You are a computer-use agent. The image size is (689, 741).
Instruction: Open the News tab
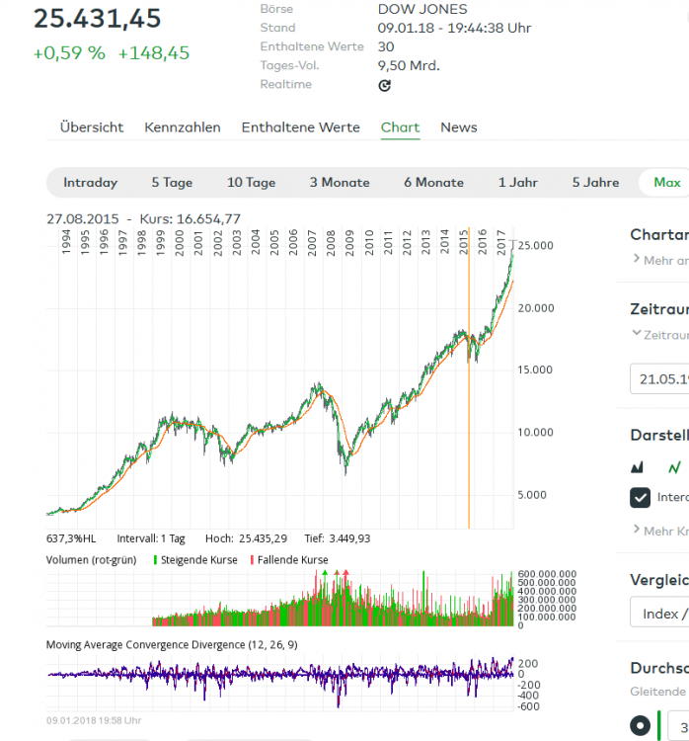point(458,127)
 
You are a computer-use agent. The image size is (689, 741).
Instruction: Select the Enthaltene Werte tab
point(300,127)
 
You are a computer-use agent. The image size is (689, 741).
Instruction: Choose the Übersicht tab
point(92,127)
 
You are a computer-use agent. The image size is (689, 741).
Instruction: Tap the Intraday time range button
point(90,183)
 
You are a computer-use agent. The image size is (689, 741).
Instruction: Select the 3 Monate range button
point(340,183)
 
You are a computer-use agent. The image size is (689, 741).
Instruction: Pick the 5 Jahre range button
point(595,183)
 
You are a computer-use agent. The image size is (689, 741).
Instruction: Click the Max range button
point(666,183)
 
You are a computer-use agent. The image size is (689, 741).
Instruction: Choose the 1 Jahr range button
point(517,183)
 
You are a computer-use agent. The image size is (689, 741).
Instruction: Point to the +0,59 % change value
point(68,53)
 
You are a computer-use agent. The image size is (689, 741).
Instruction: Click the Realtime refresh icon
point(385,85)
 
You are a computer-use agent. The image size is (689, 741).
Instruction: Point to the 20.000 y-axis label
point(537,308)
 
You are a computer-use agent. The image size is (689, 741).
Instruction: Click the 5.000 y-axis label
point(535,495)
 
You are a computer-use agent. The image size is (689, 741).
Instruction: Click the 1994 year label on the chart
point(64,240)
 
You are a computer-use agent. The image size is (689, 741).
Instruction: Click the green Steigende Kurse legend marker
point(155,560)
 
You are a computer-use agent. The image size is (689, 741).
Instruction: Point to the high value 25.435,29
point(262,538)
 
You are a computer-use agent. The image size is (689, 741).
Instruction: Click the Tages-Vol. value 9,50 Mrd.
point(408,65)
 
